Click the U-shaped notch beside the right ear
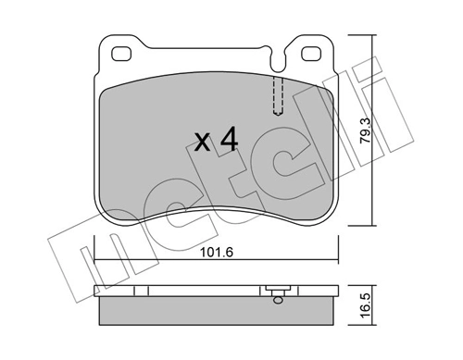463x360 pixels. [287, 56]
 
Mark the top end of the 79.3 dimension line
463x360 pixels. [372, 35]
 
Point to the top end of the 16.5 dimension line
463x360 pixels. [372, 285]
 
